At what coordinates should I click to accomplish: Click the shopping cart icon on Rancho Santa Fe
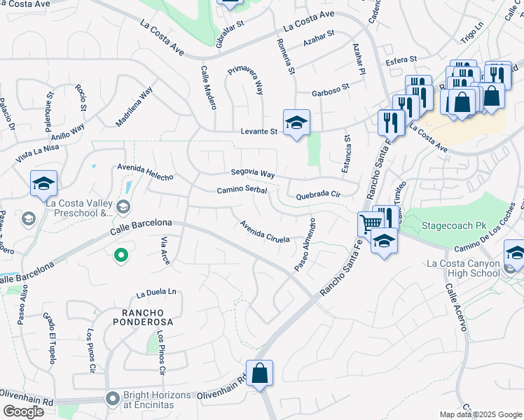tap(370, 224)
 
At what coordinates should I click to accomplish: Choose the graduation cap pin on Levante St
tap(296, 123)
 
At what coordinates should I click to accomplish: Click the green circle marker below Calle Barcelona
tap(120, 255)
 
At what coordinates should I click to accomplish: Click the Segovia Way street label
tap(253, 173)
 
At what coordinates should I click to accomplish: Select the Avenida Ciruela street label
tap(265, 231)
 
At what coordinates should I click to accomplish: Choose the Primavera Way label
tap(245, 80)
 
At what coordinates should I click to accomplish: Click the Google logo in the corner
tap(23, 411)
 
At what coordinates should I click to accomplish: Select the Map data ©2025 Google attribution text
tap(480, 414)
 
